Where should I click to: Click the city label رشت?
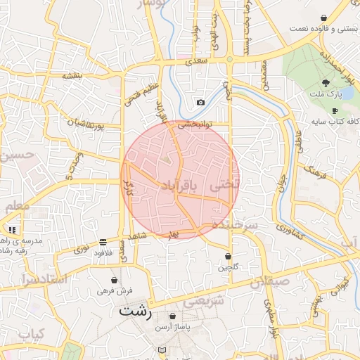coord(136,311)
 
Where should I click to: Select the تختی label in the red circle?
coord(224,184)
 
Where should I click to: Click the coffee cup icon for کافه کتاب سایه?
coord(335,110)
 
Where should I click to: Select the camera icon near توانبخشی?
coord(200,103)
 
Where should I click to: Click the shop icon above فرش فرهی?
coord(114,280)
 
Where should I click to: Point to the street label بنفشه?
coord(72,75)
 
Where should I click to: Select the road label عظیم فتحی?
coord(132,94)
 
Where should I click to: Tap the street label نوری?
coord(82,249)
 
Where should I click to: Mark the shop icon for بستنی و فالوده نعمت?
coord(323,18)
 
